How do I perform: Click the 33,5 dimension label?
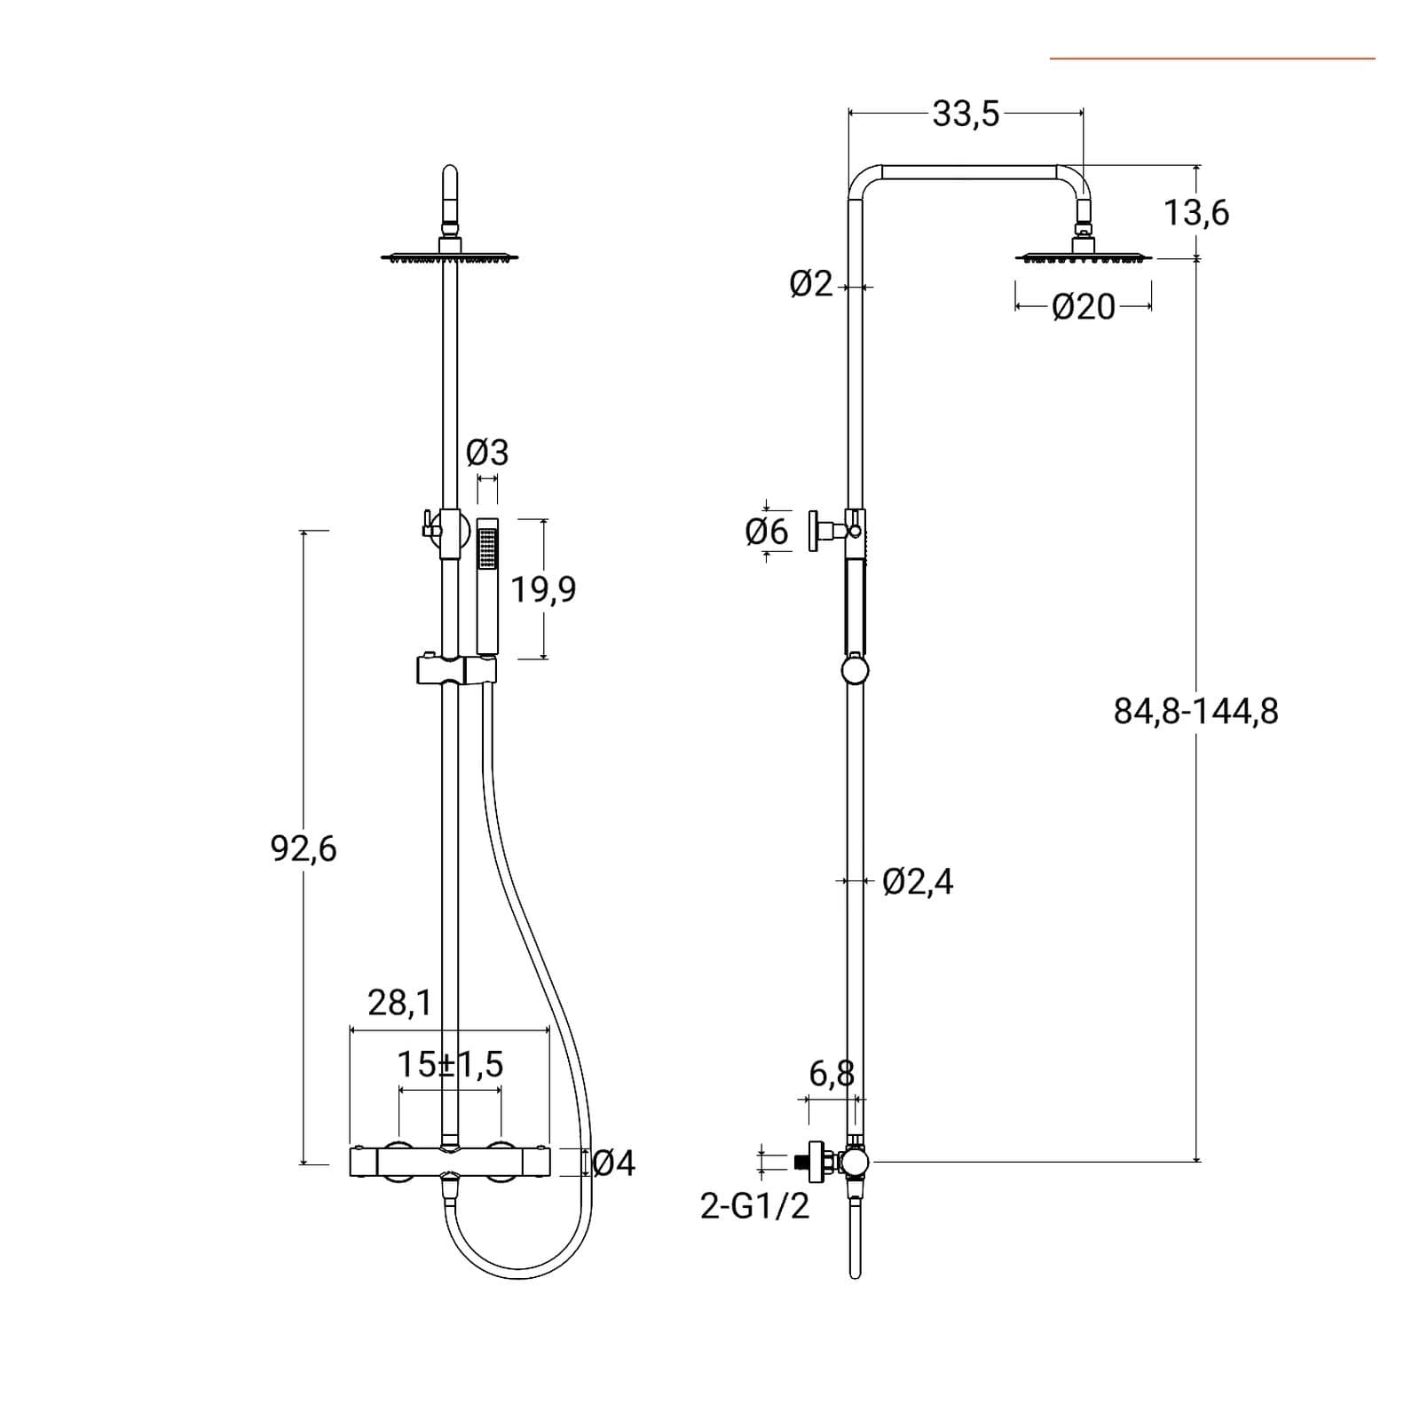pyautogui.click(x=966, y=114)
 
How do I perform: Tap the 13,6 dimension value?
pyautogui.click(x=1196, y=213)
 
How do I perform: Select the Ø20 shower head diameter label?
pyautogui.click(x=1083, y=307)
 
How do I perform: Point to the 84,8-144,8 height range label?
pyautogui.click(x=1196, y=712)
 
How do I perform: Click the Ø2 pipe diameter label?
pyautogui.click(x=811, y=285)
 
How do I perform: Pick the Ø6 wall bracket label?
pyautogui.click(x=766, y=532)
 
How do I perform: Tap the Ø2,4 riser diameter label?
pyautogui.click(x=918, y=882)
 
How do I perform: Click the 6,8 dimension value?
pyautogui.click(x=832, y=1074)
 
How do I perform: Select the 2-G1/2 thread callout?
pyautogui.click(x=755, y=1206)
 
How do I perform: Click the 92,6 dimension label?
pyautogui.click(x=304, y=849)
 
